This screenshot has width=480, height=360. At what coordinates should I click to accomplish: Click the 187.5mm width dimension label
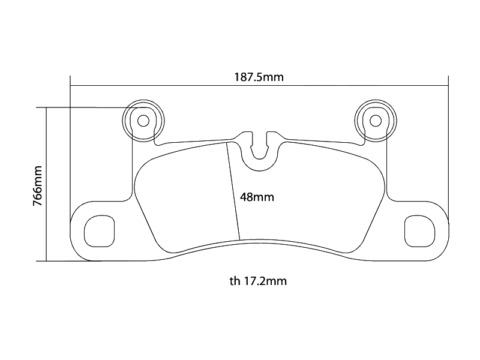259,77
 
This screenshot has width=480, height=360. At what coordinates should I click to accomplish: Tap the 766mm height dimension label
37,186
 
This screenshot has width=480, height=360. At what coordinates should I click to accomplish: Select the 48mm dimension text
257,197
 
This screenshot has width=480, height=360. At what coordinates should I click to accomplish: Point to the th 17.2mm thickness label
257,280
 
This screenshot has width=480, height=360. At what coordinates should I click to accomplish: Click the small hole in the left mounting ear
143,121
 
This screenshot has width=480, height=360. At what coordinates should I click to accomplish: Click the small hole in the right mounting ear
375,121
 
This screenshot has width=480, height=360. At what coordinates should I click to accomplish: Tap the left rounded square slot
98,230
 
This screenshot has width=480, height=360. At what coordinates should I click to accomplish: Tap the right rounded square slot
420,230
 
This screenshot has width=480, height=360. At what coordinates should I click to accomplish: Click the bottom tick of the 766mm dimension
46,261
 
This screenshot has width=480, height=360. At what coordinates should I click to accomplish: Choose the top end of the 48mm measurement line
226,144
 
